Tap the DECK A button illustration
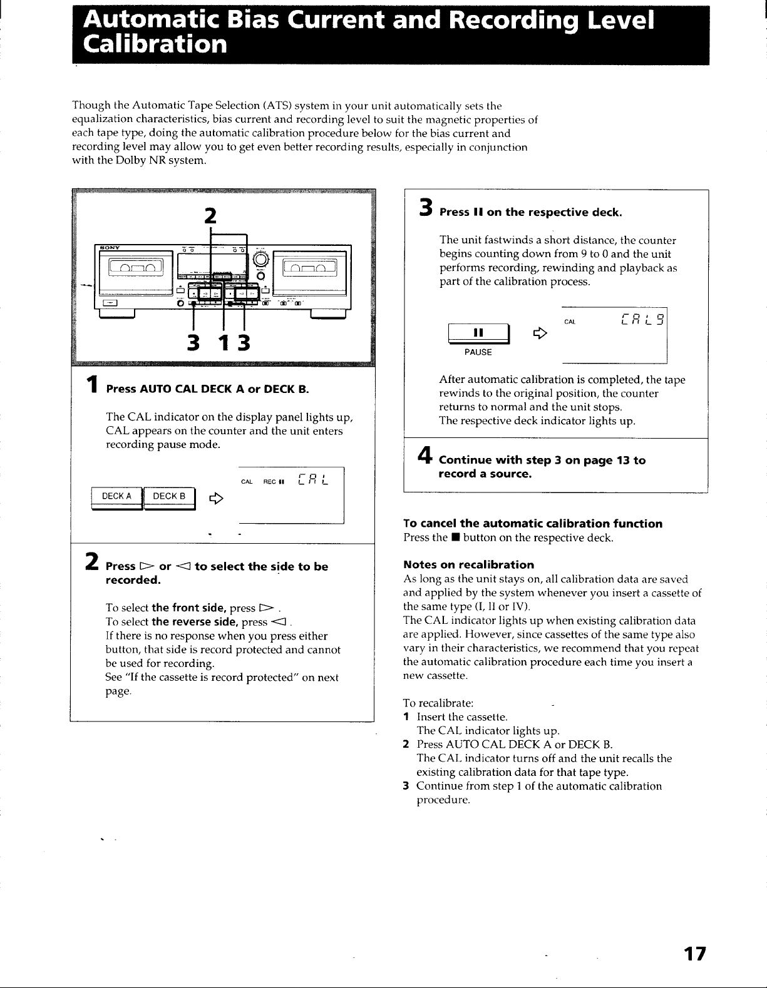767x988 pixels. [117, 498]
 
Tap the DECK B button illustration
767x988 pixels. [169, 498]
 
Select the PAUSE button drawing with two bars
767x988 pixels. [478, 334]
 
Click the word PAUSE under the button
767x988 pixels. [478, 352]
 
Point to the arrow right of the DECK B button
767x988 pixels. [216, 499]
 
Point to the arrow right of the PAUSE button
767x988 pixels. [540, 334]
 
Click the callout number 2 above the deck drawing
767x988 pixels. [210, 215]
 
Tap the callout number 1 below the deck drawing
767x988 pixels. [224, 342]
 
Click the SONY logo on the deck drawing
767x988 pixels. [110, 248]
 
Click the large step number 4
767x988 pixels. [425, 455]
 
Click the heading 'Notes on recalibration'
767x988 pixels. [468, 564]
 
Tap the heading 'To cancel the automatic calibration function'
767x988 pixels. [533, 523]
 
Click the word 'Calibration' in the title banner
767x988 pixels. [155, 44]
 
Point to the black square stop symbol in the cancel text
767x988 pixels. [455, 538]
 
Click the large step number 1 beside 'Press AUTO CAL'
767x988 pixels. [92, 384]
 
